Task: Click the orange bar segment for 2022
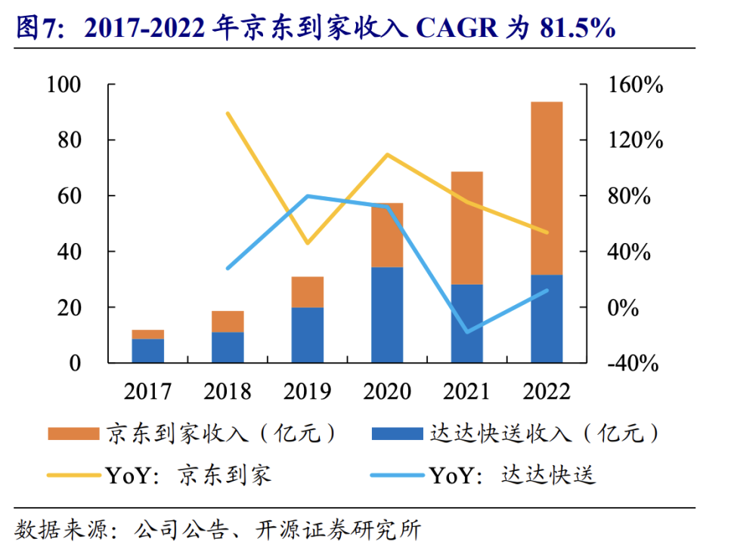click(547, 187)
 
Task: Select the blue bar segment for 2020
click(387, 315)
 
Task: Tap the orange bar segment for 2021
click(466, 228)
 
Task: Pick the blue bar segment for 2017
click(148, 350)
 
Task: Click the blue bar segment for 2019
click(308, 334)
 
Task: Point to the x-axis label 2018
click(228, 391)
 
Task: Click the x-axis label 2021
click(466, 391)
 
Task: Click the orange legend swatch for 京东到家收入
click(73, 434)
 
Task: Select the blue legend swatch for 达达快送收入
click(397, 434)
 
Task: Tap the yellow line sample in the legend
click(73, 476)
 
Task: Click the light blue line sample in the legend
click(397, 476)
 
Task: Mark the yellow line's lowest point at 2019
click(308, 243)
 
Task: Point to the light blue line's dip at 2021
click(466, 332)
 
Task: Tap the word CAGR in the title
click(457, 28)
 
